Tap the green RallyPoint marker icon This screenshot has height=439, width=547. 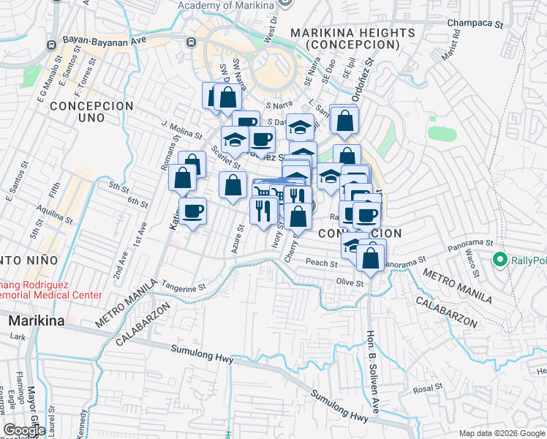(x=500, y=260)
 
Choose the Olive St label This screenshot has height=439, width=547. (x=350, y=282)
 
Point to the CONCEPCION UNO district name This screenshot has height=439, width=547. (x=92, y=106)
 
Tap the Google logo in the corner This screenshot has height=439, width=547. (x=24, y=431)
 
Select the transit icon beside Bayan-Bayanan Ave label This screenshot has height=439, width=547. (x=52, y=44)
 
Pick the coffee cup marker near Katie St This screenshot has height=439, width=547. (x=193, y=211)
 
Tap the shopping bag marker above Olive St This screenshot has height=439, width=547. (x=371, y=258)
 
